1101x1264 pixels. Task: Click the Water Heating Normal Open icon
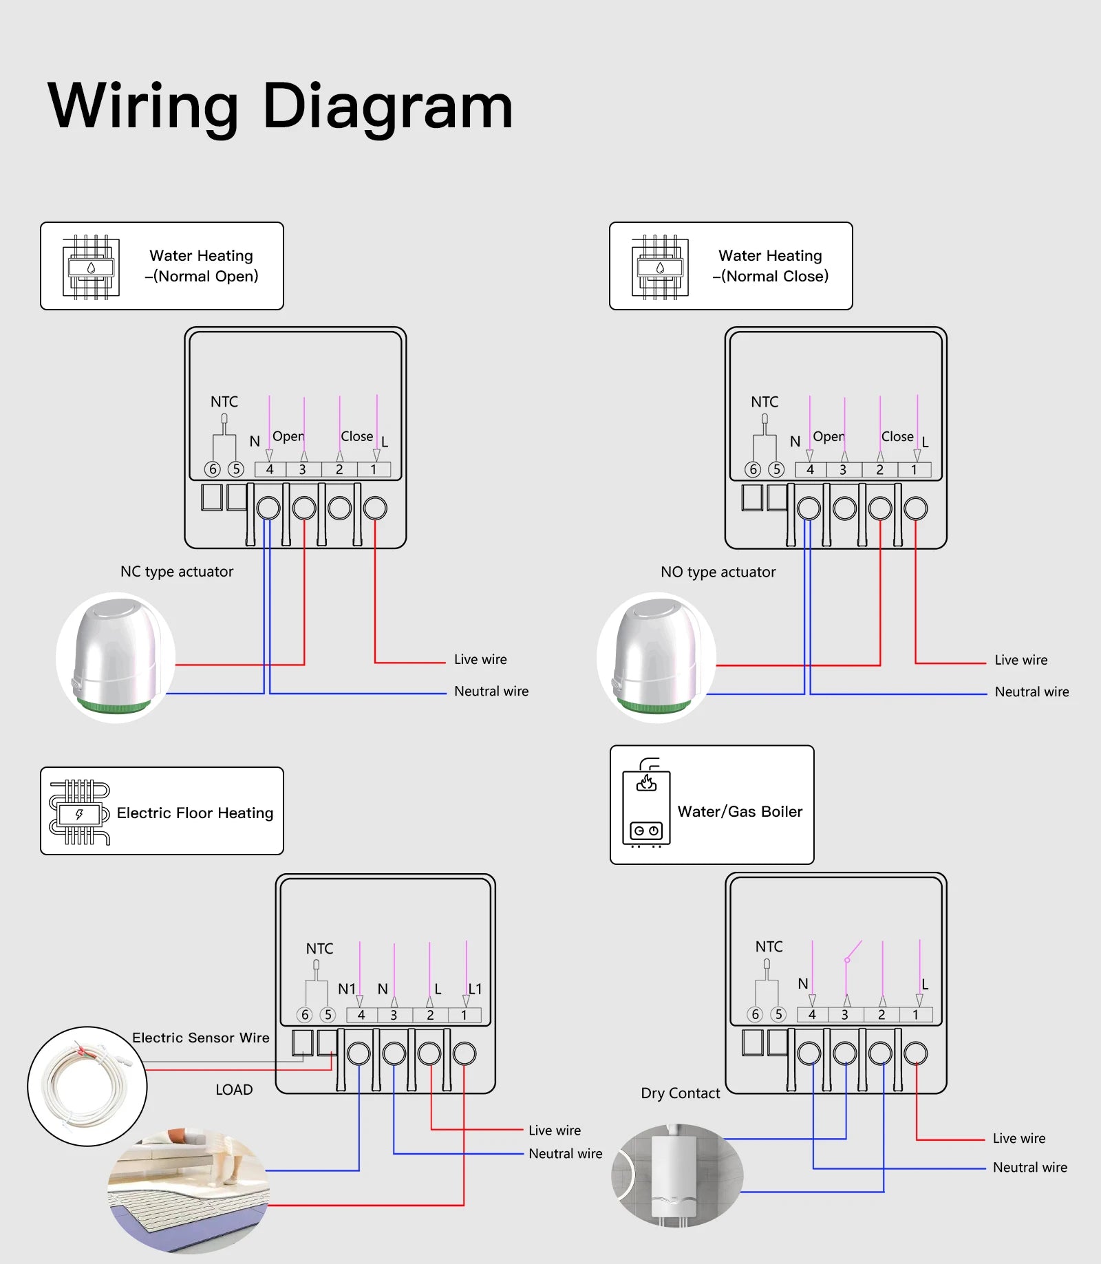91,267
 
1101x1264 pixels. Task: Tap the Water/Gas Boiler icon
645,803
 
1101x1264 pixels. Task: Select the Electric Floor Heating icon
79,812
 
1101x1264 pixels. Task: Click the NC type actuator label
176,571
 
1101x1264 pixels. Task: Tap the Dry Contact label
680,1093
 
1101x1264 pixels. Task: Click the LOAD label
234,1089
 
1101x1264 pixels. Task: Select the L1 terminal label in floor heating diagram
475,989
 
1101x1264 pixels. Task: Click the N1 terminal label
346,989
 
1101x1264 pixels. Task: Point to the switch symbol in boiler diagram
853,951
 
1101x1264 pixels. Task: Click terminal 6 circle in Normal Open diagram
213,469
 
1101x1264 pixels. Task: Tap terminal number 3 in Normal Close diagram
843,470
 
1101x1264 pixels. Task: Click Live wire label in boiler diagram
1018,1138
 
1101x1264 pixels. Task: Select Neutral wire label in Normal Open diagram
491,691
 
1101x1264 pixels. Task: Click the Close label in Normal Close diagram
897,436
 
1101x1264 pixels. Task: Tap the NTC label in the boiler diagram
769,946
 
